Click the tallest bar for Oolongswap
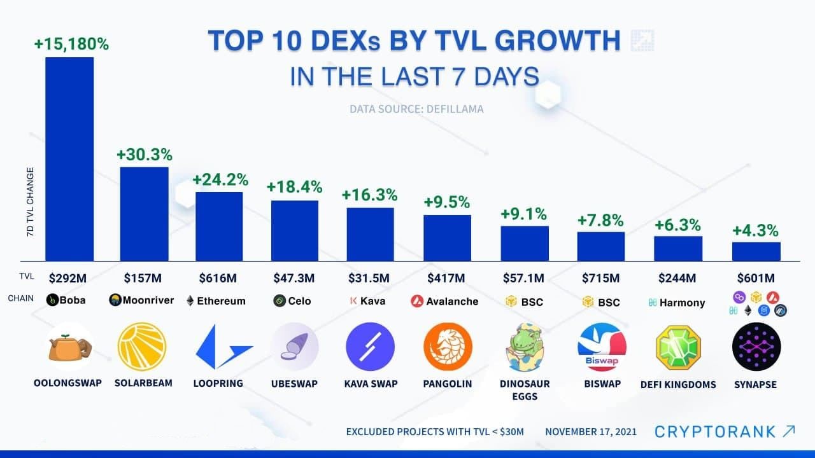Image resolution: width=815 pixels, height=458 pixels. click(69, 158)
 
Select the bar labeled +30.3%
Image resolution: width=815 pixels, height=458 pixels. click(145, 213)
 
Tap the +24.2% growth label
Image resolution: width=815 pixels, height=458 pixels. click(220, 179)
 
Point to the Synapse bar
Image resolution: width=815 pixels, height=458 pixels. click(756, 251)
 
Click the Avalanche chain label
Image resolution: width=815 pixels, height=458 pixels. click(452, 301)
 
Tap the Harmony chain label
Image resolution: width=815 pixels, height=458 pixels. click(682, 303)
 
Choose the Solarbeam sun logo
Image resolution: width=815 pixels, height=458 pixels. click(142, 347)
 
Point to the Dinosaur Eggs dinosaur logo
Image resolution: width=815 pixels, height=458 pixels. click(523, 347)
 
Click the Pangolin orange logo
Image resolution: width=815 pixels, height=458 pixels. click(448, 347)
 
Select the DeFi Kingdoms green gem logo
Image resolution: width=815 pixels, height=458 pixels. click(678, 347)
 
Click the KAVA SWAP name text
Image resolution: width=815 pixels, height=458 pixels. click(371, 384)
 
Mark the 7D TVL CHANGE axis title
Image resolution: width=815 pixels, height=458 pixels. click(30, 202)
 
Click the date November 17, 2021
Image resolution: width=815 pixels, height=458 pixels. click(590, 432)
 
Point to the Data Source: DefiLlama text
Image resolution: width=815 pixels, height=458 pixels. click(416, 109)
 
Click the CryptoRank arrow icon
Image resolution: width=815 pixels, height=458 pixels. click(788, 431)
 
